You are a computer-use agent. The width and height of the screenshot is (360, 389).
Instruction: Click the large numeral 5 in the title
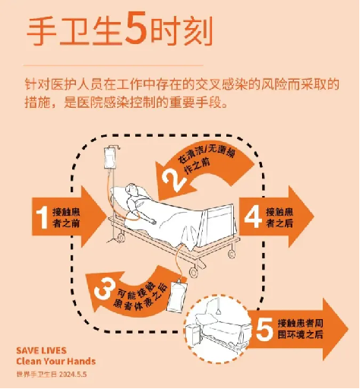[x=136, y=29]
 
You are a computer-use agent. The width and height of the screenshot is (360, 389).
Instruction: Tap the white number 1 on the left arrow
[x=42, y=217]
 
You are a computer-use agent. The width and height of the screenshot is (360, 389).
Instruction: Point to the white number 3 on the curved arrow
[x=103, y=289]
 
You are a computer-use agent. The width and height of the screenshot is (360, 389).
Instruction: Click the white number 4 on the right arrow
[x=253, y=217]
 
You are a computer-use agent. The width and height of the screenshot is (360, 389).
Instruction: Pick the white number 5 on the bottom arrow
[x=264, y=330]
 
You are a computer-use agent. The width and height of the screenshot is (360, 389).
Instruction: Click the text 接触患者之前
[x=66, y=217]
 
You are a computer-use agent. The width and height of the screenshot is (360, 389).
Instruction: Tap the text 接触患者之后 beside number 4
[x=279, y=217]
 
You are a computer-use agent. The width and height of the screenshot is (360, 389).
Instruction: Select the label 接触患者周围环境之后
[x=301, y=329]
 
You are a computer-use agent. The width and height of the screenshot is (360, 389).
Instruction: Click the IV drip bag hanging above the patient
[x=109, y=158]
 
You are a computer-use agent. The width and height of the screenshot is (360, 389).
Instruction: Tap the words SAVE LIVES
[x=41, y=351]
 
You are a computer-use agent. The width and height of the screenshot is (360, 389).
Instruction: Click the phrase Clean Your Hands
[x=56, y=361]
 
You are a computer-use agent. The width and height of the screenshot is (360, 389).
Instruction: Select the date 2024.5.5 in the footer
[x=73, y=375]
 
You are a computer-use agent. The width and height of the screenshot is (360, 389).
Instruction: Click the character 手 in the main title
[x=41, y=31]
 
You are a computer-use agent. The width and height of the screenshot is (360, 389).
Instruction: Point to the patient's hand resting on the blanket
[x=153, y=223]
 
